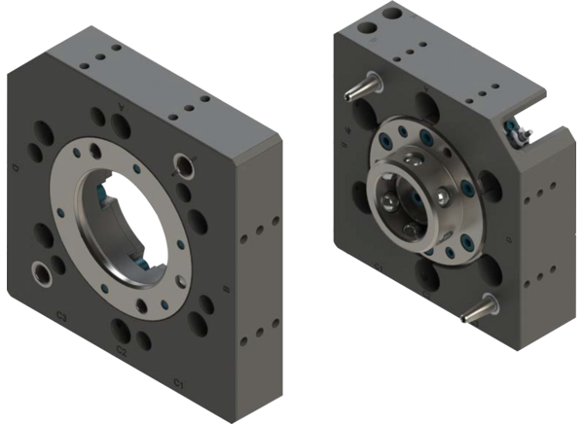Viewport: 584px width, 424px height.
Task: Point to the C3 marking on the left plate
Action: pos(61,316)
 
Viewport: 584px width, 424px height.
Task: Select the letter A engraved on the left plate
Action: pos(121,104)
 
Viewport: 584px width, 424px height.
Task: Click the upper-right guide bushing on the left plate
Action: pos(181,163)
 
